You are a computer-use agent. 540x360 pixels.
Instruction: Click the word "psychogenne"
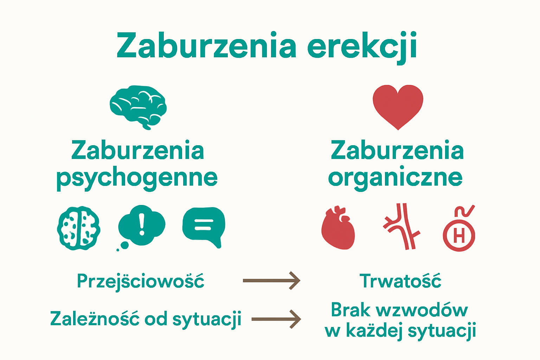(x=137, y=179)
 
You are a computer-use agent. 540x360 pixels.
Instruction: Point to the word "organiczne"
(x=395, y=178)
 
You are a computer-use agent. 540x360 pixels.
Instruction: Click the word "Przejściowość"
(x=141, y=281)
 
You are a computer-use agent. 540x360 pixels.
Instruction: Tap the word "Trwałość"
(x=400, y=281)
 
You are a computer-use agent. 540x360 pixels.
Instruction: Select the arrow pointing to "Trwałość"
(x=271, y=281)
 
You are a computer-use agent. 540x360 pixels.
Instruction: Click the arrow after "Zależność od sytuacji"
(x=276, y=319)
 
